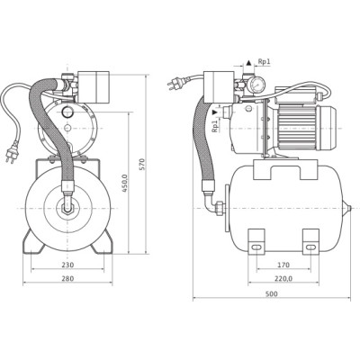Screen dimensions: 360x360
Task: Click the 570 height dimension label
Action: click(142, 165)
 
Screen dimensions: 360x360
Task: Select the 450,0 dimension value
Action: click(125, 183)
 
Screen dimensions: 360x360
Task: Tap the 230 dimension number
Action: click(67, 265)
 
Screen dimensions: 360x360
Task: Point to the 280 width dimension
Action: click(67, 278)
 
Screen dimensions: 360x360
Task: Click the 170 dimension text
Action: click(283, 265)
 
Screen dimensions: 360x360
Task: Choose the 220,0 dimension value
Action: click(283, 278)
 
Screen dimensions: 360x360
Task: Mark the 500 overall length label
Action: click(272, 294)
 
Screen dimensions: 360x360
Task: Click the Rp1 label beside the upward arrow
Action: click(265, 61)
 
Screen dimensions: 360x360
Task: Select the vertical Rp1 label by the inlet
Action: click(214, 126)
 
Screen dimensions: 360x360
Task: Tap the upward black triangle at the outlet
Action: click(248, 63)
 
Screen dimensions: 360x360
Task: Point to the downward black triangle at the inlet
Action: click(214, 112)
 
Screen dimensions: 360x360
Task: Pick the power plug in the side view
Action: click(172, 85)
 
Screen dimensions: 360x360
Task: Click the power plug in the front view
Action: click(11, 155)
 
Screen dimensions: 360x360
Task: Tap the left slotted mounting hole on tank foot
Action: click(256, 247)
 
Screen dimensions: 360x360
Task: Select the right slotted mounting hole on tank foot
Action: click(310, 247)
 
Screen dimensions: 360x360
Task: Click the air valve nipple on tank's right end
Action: click(347, 208)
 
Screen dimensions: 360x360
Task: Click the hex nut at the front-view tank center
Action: click(67, 209)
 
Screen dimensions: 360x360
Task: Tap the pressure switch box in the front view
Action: click(94, 86)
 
